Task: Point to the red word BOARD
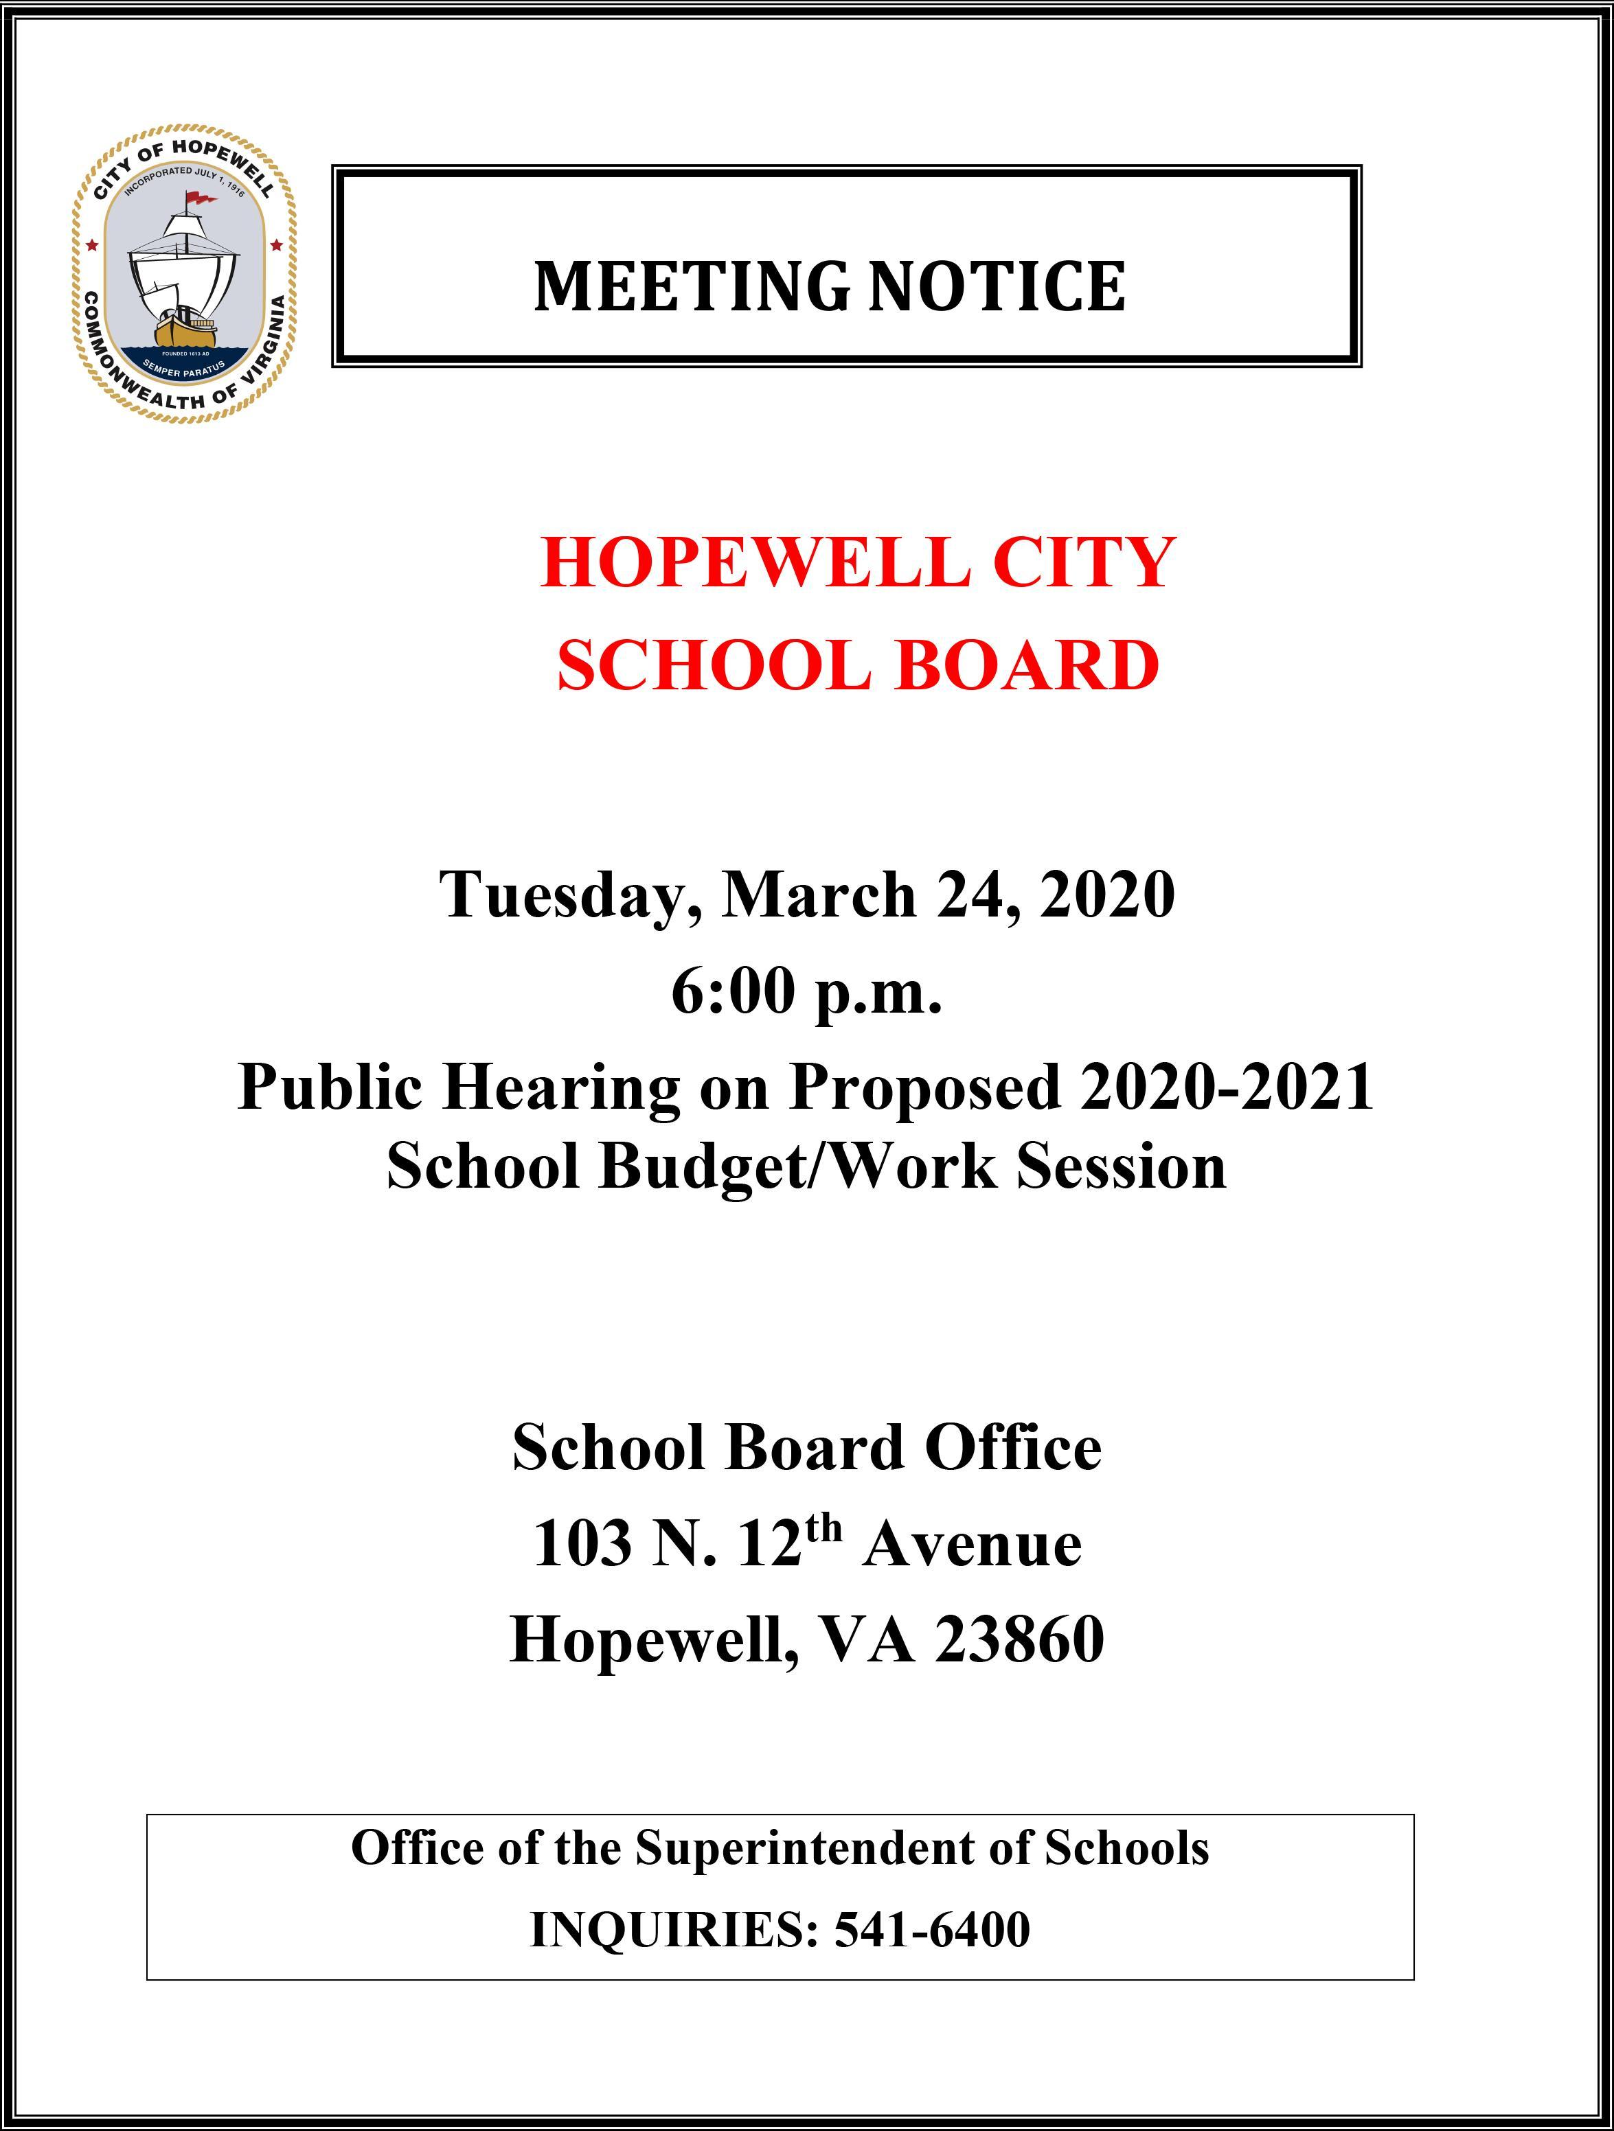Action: pyautogui.click(x=1027, y=666)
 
